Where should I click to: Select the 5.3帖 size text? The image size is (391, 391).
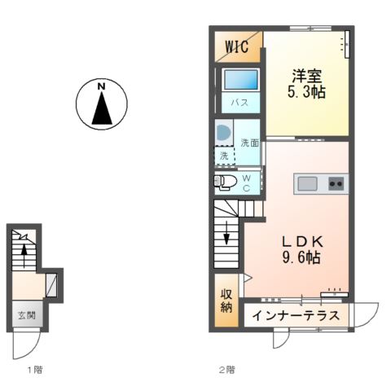pyautogui.click(x=307, y=92)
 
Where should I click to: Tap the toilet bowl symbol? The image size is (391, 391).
pyautogui.click(x=226, y=181)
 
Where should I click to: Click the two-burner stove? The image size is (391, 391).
pyautogui.click(x=336, y=183)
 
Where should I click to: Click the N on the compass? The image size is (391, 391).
pyautogui.click(x=101, y=86)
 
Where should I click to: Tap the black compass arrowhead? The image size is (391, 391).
pyautogui.click(x=101, y=108)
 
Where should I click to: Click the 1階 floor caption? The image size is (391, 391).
pyautogui.click(x=33, y=369)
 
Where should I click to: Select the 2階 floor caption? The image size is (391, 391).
pyautogui.click(x=226, y=369)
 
